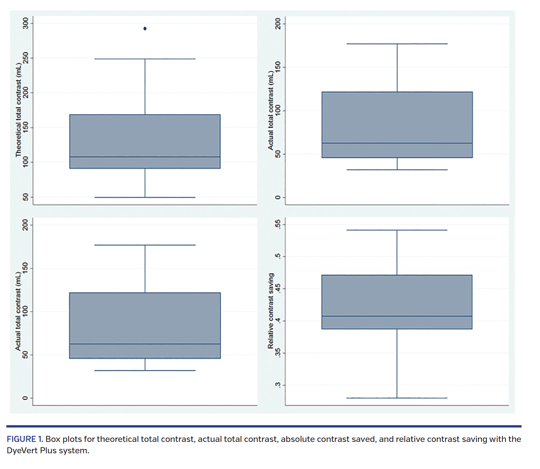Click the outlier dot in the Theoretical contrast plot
[x=145, y=29]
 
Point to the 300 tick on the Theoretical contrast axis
[x=26, y=23]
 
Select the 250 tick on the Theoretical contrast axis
[x=26, y=58]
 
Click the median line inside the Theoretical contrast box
[x=145, y=157]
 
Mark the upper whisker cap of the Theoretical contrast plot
[x=145, y=59]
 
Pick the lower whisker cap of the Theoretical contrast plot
[x=145, y=197]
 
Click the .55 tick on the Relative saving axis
[x=278, y=224]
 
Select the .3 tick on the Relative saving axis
[x=278, y=385]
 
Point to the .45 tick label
[x=278, y=288]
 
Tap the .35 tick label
[x=278, y=353]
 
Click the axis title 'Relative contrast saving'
[x=271, y=311]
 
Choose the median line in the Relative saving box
[x=397, y=316]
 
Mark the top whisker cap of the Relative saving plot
[x=397, y=230]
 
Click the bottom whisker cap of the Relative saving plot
[x=397, y=398]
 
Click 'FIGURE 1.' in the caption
[x=25, y=439]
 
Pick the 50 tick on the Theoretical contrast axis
[x=26, y=197]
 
